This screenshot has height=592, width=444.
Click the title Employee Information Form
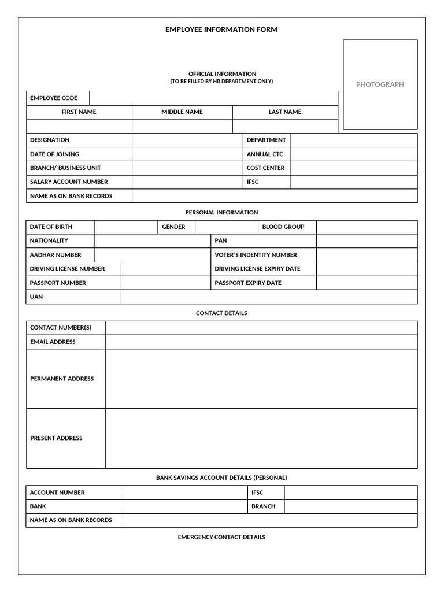pyautogui.click(x=221, y=29)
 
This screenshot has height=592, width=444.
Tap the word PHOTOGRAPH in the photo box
pyautogui.click(x=380, y=84)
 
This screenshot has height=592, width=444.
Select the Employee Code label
pyautogui.click(x=53, y=98)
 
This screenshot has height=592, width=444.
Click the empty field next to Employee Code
pyautogui.click(x=213, y=98)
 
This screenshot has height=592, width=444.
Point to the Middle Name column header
pyautogui.click(x=182, y=112)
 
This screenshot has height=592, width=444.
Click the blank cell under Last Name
pyautogui.click(x=285, y=127)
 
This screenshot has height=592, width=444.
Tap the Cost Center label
pyautogui.click(x=265, y=168)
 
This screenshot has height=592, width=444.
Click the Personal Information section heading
pyautogui.click(x=221, y=213)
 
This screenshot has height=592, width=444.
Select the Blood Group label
pyautogui.click(x=283, y=227)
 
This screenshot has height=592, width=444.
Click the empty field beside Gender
pyautogui.click(x=226, y=227)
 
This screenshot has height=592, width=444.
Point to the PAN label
pyautogui.click(x=221, y=240)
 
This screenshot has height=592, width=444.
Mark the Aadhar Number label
pyautogui.click(x=55, y=255)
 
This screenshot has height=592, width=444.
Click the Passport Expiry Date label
pyautogui.click(x=248, y=283)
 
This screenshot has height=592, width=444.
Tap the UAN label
pyautogui.click(x=36, y=297)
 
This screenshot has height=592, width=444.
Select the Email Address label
pyautogui.click(x=53, y=342)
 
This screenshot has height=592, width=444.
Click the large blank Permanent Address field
pyautogui.click(x=261, y=379)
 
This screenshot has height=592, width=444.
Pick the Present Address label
pyautogui.click(x=56, y=438)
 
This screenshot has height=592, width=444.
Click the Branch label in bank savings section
pyautogui.click(x=263, y=506)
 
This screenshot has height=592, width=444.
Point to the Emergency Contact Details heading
pyautogui.click(x=221, y=538)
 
